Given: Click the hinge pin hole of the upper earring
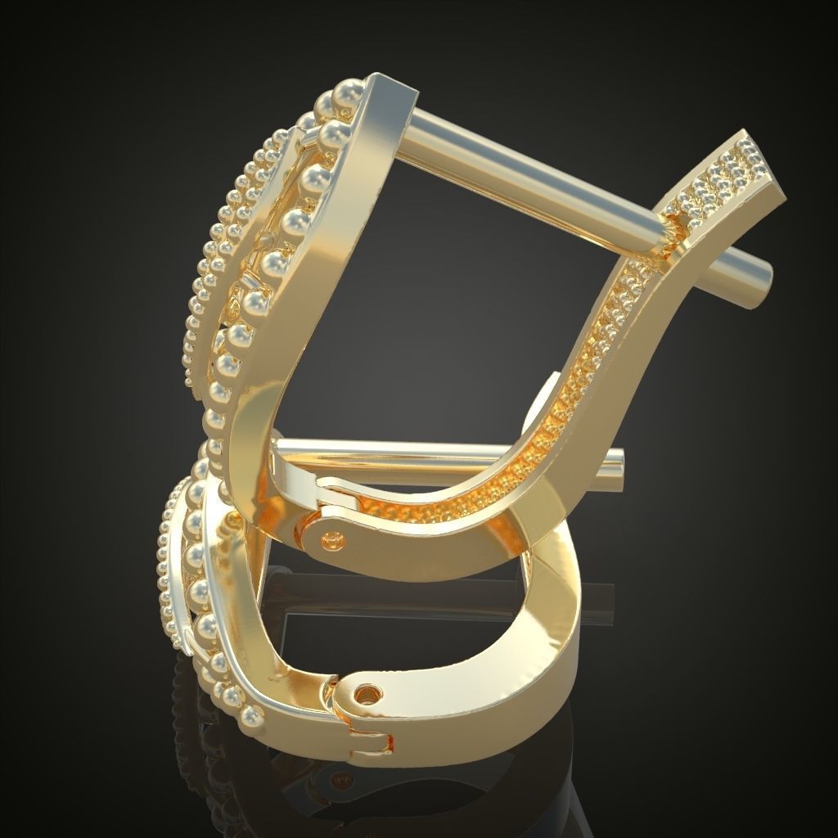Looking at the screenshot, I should tap(332, 538).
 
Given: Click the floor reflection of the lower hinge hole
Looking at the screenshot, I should tap(360, 786).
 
